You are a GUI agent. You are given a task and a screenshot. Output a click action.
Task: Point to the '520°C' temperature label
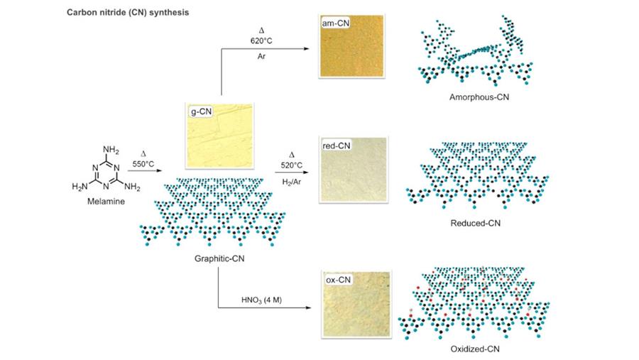pos(292,165)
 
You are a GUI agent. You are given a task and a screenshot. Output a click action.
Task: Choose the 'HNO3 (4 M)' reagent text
pos(262,300)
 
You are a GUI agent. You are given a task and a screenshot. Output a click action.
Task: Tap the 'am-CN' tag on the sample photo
pos(335,24)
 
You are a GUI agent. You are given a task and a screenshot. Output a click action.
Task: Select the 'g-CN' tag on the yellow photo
pos(200,111)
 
